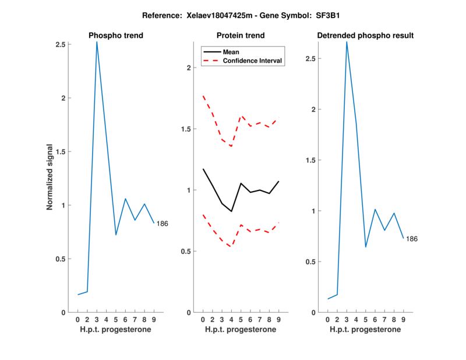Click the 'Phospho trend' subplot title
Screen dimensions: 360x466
pyautogui.click(x=116, y=36)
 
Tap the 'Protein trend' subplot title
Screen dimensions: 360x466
pyautogui.click(x=241, y=36)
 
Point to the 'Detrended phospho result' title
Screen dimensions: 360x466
pyautogui.click(x=365, y=36)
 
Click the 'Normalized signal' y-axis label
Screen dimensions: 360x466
pyautogui.click(x=50, y=177)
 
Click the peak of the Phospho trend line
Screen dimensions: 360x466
pyautogui.click(x=97, y=42)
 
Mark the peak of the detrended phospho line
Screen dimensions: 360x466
pyautogui.click(x=347, y=42)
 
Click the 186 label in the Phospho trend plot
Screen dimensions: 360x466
pyautogui.click(x=162, y=224)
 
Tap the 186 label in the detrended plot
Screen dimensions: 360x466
pyautogui.click(x=412, y=239)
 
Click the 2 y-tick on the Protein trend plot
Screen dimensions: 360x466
pyautogui.click(x=188, y=68)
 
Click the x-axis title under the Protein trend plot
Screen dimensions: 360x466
pyautogui.click(x=241, y=330)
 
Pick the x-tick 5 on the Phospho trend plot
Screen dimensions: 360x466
pyautogui.click(x=116, y=319)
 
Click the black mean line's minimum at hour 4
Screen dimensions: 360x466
pyautogui.click(x=231, y=211)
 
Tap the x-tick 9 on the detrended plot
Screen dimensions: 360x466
pyautogui.click(x=404, y=319)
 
